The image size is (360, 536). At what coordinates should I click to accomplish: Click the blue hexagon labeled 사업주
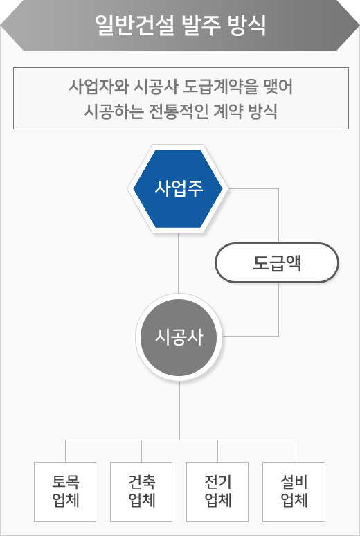click(x=178, y=188)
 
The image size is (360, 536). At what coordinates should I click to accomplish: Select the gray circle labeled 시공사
click(x=179, y=337)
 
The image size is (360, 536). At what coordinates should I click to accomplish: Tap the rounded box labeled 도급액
click(x=277, y=263)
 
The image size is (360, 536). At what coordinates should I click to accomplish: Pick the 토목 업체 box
click(x=65, y=492)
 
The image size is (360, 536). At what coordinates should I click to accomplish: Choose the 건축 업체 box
click(x=141, y=492)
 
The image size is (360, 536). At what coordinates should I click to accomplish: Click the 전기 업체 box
click(x=217, y=492)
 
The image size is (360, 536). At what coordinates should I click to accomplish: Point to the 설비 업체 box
click(x=294, y=492)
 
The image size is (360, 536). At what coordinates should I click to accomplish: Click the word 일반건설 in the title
click(x=135, y=26)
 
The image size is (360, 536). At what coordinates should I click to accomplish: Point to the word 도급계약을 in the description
click(x=219, y=87)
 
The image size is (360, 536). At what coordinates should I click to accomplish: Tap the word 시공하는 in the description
click(x=111, y=111)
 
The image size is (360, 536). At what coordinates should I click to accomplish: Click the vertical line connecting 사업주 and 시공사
click(x=178, y=263)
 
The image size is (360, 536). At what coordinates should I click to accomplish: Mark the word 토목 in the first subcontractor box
click(x=65, y=483)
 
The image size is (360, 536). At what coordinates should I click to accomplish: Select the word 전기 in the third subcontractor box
click(x=218, y=483)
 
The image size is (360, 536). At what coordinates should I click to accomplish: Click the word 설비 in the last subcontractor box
click(x=294, y=483)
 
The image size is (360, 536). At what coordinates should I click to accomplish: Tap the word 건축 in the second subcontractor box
click(x=141, y=483)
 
